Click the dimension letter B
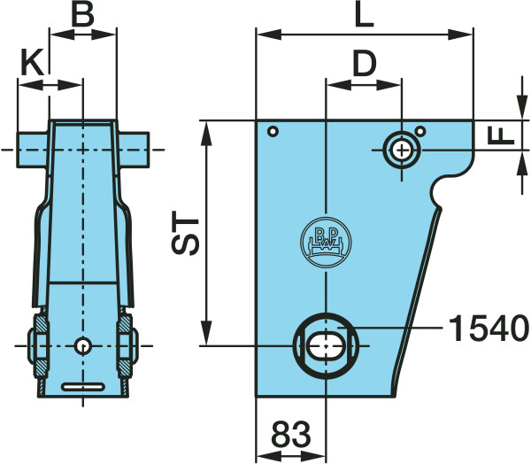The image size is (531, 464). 83,14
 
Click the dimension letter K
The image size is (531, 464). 32,62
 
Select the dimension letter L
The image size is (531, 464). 364,14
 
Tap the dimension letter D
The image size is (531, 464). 365,64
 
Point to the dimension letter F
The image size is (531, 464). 501,135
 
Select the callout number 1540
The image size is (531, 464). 488,329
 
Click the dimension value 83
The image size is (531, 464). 291,434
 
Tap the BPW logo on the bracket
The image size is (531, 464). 326,243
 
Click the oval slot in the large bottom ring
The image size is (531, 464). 326,345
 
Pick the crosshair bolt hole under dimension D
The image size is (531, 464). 402,151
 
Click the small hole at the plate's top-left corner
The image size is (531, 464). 273,132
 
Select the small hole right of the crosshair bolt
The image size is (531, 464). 420,131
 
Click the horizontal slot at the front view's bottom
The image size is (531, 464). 83,387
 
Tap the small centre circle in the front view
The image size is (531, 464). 83,346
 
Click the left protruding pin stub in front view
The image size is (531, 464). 33,150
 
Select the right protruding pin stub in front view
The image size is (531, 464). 134,150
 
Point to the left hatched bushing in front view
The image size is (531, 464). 42,346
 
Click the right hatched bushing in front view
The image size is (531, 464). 125,346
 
